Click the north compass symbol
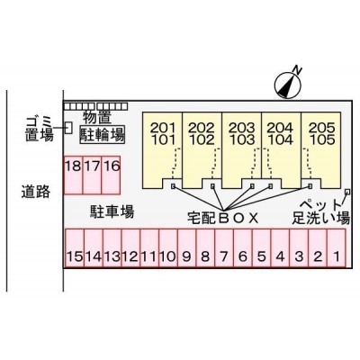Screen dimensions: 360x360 pyautogui.click(x=288, y=85)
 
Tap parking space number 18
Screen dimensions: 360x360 pyautogui.click(x=73, y=175)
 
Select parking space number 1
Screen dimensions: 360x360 pyautogui.click(x=337, y=247)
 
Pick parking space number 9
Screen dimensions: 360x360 pyautogui.click(x=186, y=247)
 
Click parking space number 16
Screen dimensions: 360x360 pyautogui.click(x=111, y=175)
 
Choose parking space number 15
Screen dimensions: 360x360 pyautogui.click(x=75, y=247)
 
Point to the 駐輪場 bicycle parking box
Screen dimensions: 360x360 pyautogui.click(x=103, y=135)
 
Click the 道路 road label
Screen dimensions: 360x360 pyautogui.click(x=35, y=192)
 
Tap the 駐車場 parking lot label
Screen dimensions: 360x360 pyautogui.click(x=112, y=212)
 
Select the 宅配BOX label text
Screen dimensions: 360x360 pyautogui.click(x=222, y=218)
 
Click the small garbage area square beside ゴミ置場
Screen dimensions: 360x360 pyautogui.click(x=69, y=128)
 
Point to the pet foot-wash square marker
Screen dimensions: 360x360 pyautogui.click(x=347, y=191)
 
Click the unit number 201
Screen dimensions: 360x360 pyautogui.click(x=162, y=128)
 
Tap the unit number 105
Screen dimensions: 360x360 pyautogui.click(x=321, y=139)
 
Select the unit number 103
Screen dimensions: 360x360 pyautogui.click(x=241, y=139)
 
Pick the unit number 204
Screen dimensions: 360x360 pyautogui.click(x=280, y=128)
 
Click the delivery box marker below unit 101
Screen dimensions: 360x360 pyautogui.click(x=173, y=186)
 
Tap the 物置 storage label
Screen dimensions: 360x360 pyautogui.click(x=97, y=118)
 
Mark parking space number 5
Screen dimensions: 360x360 pyautogui.click(x=262, y=247)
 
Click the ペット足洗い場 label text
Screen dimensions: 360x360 pyautogui.click(x=321, y=211)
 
